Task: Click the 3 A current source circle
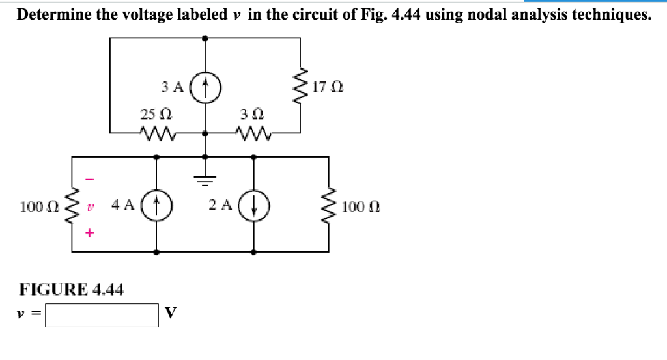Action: tap(205, 85)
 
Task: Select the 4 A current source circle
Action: tap(156, 204)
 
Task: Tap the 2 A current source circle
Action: tap(254, 204)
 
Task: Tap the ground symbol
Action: tap(206, 174)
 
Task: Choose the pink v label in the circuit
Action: tap(91, 206)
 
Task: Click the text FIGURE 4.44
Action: tap(72, 288)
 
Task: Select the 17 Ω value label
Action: tap(328, 86)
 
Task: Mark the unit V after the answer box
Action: tap(170, 314)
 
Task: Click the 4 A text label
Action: tap(123, 204)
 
